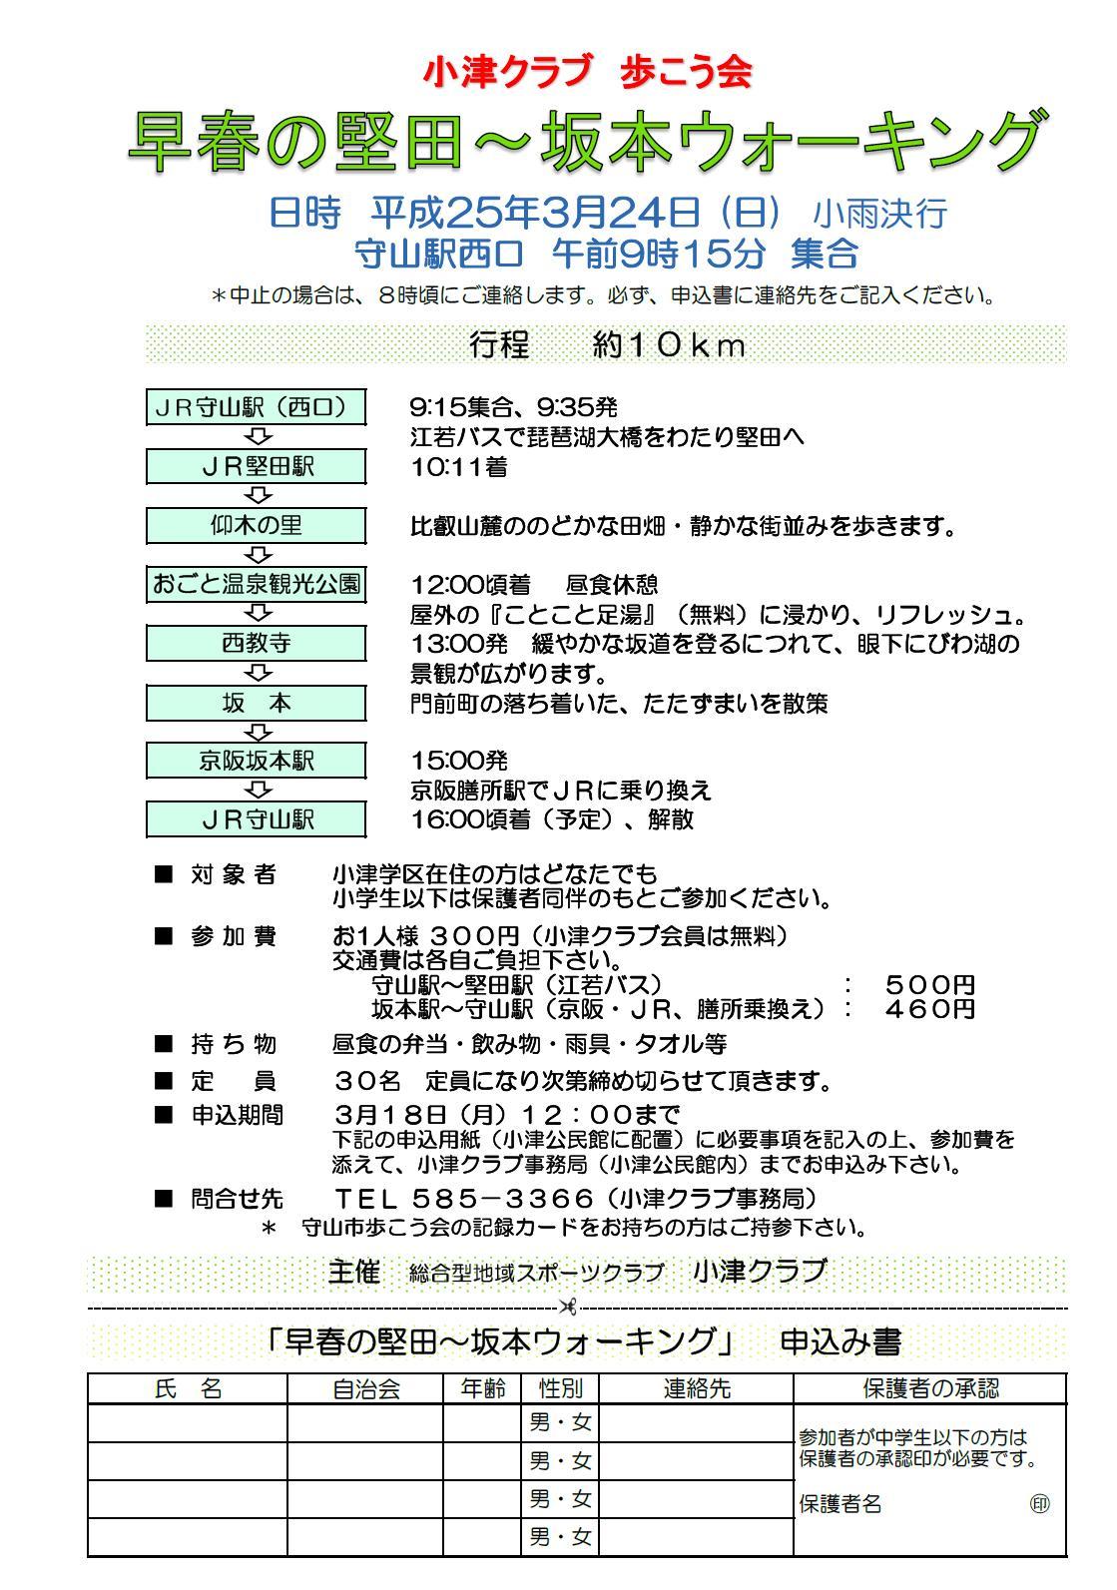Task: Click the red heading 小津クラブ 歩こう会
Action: [587, 73]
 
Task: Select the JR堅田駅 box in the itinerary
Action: [257, 466]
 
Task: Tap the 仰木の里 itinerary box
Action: [257, 525]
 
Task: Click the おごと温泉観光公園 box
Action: [257, 584]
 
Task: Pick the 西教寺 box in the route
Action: [257, 643]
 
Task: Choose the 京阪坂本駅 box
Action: [257, 761]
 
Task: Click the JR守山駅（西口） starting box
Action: [257, 407]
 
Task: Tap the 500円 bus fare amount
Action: [929, 985]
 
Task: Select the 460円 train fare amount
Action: [929, 1009]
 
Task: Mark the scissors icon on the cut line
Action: [569, 1306]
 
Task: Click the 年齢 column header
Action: [483, 1388]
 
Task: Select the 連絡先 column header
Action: [697, 1388]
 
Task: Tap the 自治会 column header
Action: [365, 1388]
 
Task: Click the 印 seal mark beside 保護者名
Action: [1039, 1504]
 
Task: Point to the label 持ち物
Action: [233, 1045]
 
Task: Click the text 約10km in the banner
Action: [669, 345]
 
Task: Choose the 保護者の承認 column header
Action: [929, 1388]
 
